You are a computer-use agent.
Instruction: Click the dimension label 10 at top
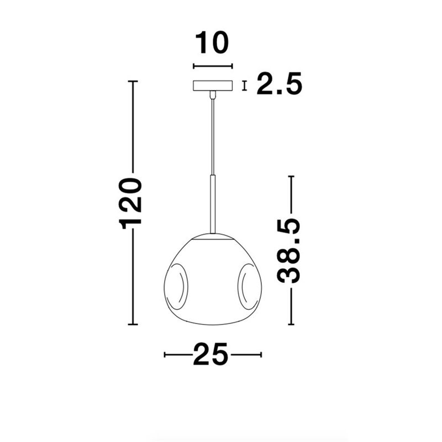click(212, 43)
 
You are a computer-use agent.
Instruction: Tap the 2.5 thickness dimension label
click(279, 83)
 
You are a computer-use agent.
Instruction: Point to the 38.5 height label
click(288, 250)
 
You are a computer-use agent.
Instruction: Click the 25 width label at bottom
click(211, 354)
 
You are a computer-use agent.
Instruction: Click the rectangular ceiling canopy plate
click(213, 86)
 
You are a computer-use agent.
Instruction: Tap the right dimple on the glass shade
click(249, 287)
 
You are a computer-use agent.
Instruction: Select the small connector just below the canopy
click(213, 94)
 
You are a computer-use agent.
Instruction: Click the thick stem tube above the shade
click(213, 204)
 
